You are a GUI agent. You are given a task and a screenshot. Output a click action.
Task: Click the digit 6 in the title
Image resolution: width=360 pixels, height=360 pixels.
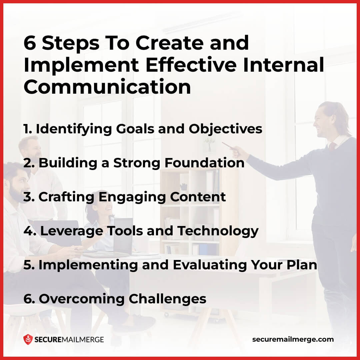[x=29, y=43]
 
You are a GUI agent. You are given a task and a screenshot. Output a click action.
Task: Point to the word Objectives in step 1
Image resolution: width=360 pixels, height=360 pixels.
[x=225, y=129]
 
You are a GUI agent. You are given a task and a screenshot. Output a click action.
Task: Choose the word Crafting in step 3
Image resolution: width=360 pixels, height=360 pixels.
[x=66, y=197]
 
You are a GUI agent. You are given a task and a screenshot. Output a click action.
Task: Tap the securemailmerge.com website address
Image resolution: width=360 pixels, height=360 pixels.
[x=293, y=339]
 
